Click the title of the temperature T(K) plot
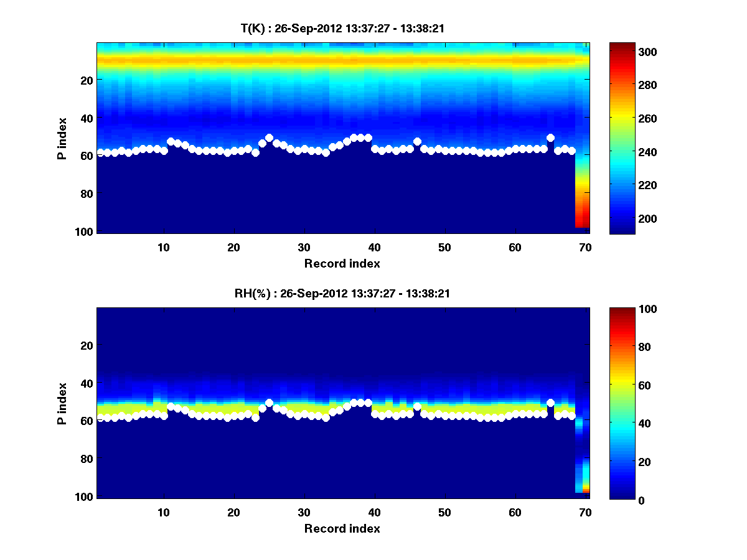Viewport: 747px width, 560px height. [x=342, y=28]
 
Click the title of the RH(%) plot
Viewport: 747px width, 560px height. [x=342, y=293]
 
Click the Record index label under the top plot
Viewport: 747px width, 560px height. [x=342, y=263]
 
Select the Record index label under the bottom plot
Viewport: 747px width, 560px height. [x=342, y=528]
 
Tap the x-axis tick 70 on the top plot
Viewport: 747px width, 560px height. [x=585, y=247]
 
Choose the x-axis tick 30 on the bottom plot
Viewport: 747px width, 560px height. [x=304, y=512]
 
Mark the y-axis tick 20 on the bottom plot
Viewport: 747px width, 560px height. [x=87, y=345]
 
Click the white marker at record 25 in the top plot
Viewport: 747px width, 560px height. [x=269, y=138]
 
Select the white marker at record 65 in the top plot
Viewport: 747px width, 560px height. [x=550, y=138]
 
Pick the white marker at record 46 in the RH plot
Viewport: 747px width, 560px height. [x=417, y=407]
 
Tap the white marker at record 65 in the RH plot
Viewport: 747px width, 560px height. [x=550, y=403]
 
